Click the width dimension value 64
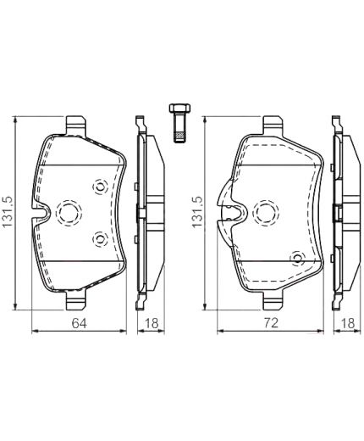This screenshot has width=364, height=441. pos(78,322)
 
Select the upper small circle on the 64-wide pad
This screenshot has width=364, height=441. pos(100,186)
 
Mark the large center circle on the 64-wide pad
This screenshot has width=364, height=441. pos(68,212)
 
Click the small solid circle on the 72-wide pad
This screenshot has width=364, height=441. pos(296,258)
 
